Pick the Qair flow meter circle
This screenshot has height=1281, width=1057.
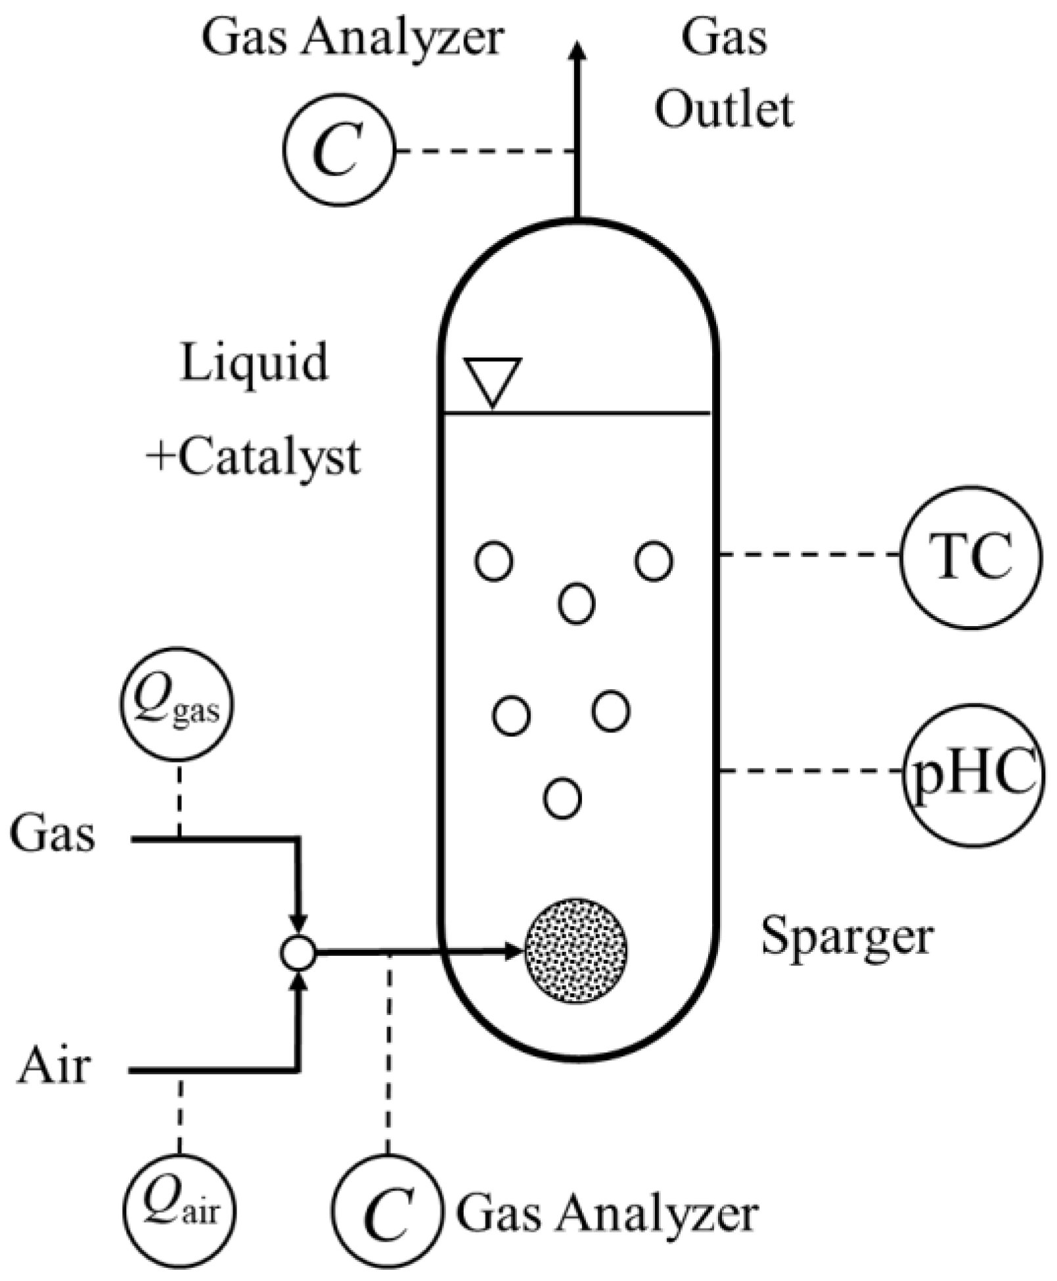[180, 1207]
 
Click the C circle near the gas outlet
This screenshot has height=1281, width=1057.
[339, 150]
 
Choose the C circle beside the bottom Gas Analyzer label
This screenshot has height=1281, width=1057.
[388, 1207]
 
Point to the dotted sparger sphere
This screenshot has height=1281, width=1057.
[575, 951]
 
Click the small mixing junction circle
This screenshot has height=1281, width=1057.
[298, 952]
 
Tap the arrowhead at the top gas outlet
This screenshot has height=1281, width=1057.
[577, 51]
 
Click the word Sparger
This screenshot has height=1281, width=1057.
[847, 938]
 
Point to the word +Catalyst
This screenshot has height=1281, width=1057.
[254, 457]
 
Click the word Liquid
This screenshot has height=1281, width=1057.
[254, 363]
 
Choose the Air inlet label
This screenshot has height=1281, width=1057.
[54, 1066]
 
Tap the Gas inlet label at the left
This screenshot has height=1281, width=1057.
[53, 834]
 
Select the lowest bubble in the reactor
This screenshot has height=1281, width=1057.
[562, 798]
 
